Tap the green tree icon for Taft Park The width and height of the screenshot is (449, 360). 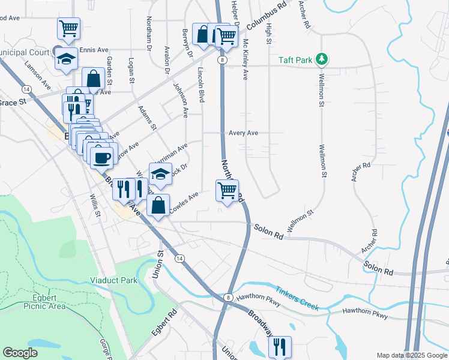point(323,59)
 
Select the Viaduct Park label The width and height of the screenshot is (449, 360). point(113,280)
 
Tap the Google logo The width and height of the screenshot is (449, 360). point(20,353)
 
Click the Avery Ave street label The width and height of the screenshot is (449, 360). point(243,133)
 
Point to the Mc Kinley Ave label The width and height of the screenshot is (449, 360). point(246,59)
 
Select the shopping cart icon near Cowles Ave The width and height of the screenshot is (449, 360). point(227,191)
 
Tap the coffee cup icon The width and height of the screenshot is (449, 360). point(101,157)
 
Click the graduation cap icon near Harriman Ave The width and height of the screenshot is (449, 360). point(160,175)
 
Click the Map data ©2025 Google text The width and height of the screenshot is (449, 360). point(411,355)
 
